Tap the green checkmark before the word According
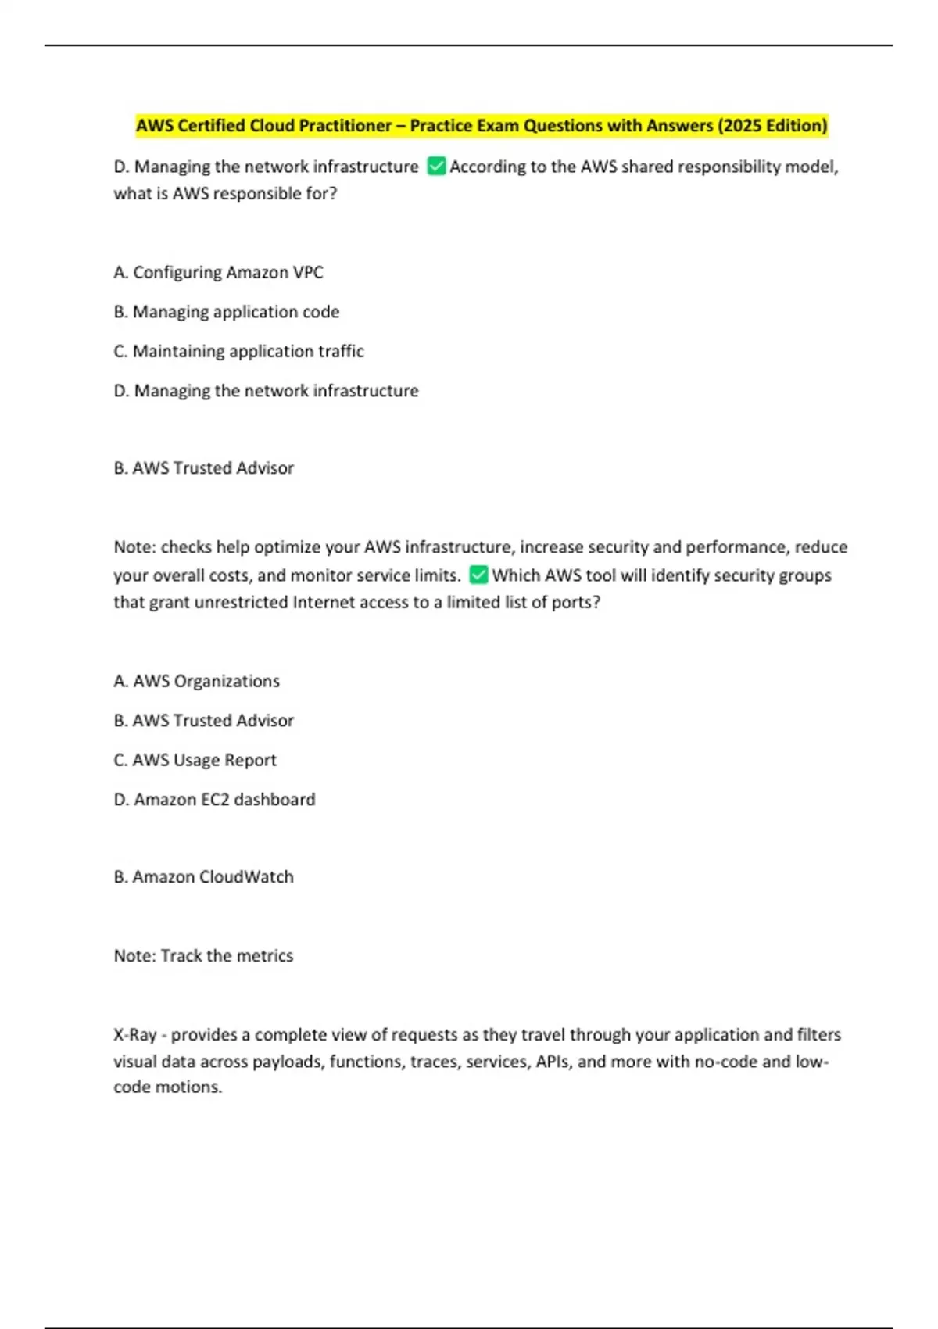click(436, 167)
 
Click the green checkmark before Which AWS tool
click(478, 575)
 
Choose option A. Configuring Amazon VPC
click(218, 272)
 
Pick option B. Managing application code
click(226, 312)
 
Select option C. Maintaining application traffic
click(238, 351)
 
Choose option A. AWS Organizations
click(196, 681)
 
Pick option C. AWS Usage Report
click(195, 760)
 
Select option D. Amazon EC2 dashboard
click(214, 799)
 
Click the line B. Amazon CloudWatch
click(203, 877)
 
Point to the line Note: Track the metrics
click(203, 955)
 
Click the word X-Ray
click(135, 1034)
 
